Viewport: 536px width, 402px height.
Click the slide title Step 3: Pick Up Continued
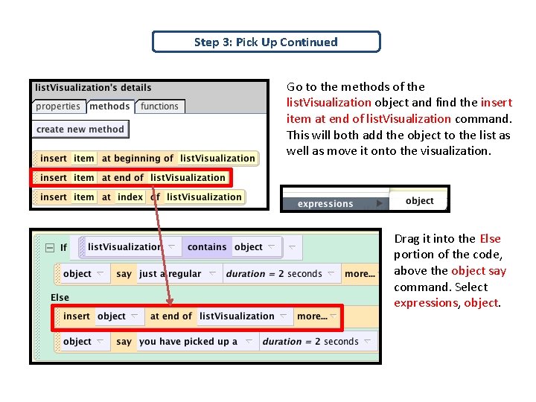click(x=266, y=42)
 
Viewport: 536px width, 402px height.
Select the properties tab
click(x=58, y=106)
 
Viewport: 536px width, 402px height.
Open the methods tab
click(x=109, y=106)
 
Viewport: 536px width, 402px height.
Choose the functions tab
click(x=159, y=106)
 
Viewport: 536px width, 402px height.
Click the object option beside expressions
click(x=419, y=201)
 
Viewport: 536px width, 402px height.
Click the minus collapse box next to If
click(x=49, y=248)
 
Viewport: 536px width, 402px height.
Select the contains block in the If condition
click(x=207, y=247)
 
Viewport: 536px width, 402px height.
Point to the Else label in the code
click(x=60, y=297)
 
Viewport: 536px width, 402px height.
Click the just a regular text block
click(x=170, y=274)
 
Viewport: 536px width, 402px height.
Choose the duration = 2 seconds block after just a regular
click(x=274, y=274)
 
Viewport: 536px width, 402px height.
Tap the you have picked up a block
click(x=188, y=342)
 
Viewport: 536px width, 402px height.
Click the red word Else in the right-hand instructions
click(x=491, y=239)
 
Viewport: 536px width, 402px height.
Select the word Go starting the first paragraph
click(x=295, y=87)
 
